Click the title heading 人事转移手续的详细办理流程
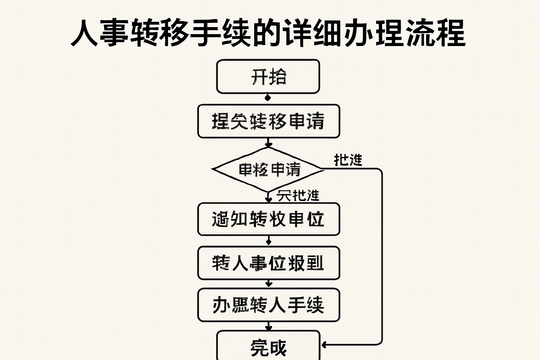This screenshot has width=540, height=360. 268,33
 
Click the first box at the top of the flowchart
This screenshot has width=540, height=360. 268,77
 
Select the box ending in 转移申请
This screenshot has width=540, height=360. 269,121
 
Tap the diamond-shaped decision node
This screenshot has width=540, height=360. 269,169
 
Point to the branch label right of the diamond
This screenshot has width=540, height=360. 348,160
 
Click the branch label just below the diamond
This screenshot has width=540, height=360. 298,195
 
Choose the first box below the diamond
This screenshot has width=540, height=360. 269,219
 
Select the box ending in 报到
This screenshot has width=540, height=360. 269,263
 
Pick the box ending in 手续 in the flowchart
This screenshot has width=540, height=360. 269,305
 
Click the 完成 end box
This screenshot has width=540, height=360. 269,347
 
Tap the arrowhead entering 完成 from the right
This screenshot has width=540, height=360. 324,345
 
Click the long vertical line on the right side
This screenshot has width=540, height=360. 382,257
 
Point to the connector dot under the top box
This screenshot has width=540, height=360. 268,97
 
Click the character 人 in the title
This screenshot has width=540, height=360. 84,33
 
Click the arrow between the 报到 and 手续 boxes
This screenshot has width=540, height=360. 269,283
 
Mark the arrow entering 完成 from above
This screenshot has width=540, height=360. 269,327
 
